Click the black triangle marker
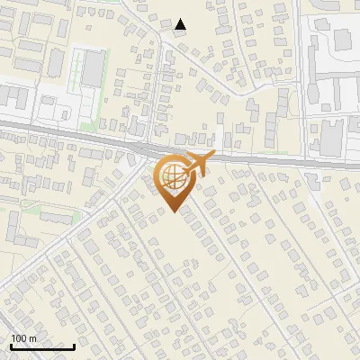[181, 25]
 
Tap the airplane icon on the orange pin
[195, 165]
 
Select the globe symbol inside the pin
[172, 175]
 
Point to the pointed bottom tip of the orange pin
[173, 212]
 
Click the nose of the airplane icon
[211, 156]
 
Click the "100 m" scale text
[23, 338]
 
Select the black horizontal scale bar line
[42, 346]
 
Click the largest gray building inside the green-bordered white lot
[94, 70]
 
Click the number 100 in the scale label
[18, 338]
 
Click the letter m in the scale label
[32, 338]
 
